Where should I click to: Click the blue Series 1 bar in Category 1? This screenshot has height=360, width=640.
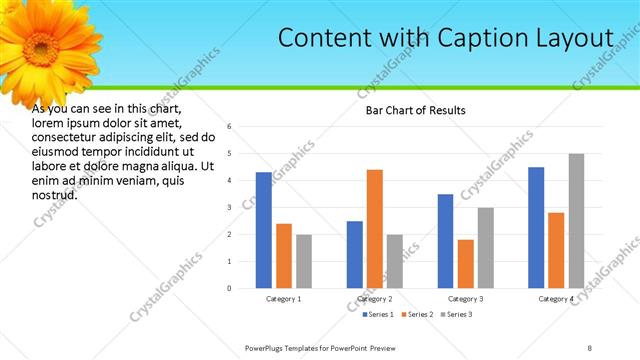coord(263,230)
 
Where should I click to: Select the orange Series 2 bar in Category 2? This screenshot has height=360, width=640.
coord(375,229)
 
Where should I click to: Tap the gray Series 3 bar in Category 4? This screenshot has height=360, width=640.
coord(576,221)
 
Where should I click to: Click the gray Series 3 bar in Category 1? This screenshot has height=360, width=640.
coord(303,261)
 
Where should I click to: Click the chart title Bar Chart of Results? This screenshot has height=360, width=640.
coord(415,109)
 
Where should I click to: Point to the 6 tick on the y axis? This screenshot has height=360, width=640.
coord(230,127)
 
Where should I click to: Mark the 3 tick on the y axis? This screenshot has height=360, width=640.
coord(230,208)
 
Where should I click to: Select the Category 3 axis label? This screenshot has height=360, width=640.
coord(466,299)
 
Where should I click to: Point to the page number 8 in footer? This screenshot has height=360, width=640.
coord(589,347)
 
